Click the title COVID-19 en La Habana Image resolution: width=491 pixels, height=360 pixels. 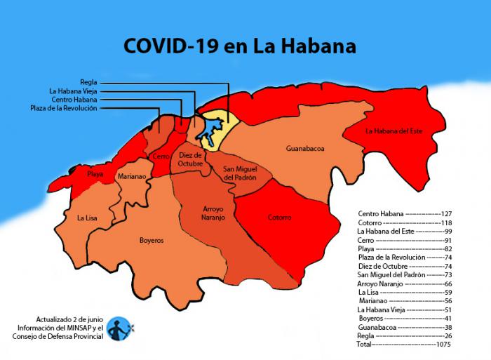coord(240,46)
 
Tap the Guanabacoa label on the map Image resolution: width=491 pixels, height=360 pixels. coord(305,149)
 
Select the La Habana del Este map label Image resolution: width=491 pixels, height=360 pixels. coord(394,131)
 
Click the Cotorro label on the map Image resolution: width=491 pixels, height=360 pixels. coord(279,218)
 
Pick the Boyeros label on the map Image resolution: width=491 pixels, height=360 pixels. coord(151,240)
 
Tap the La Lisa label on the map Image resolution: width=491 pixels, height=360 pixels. coord(88,218)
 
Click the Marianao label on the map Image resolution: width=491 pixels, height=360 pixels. coord(132,177)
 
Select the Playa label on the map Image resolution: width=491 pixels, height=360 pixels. coord(95,173)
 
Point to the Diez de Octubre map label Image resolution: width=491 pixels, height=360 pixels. coord(190,159)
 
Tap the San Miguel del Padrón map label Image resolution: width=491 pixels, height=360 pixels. coord(240,173)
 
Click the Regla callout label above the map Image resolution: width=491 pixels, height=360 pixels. coord(88,81)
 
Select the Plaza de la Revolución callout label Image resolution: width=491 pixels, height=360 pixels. coord(64,108)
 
